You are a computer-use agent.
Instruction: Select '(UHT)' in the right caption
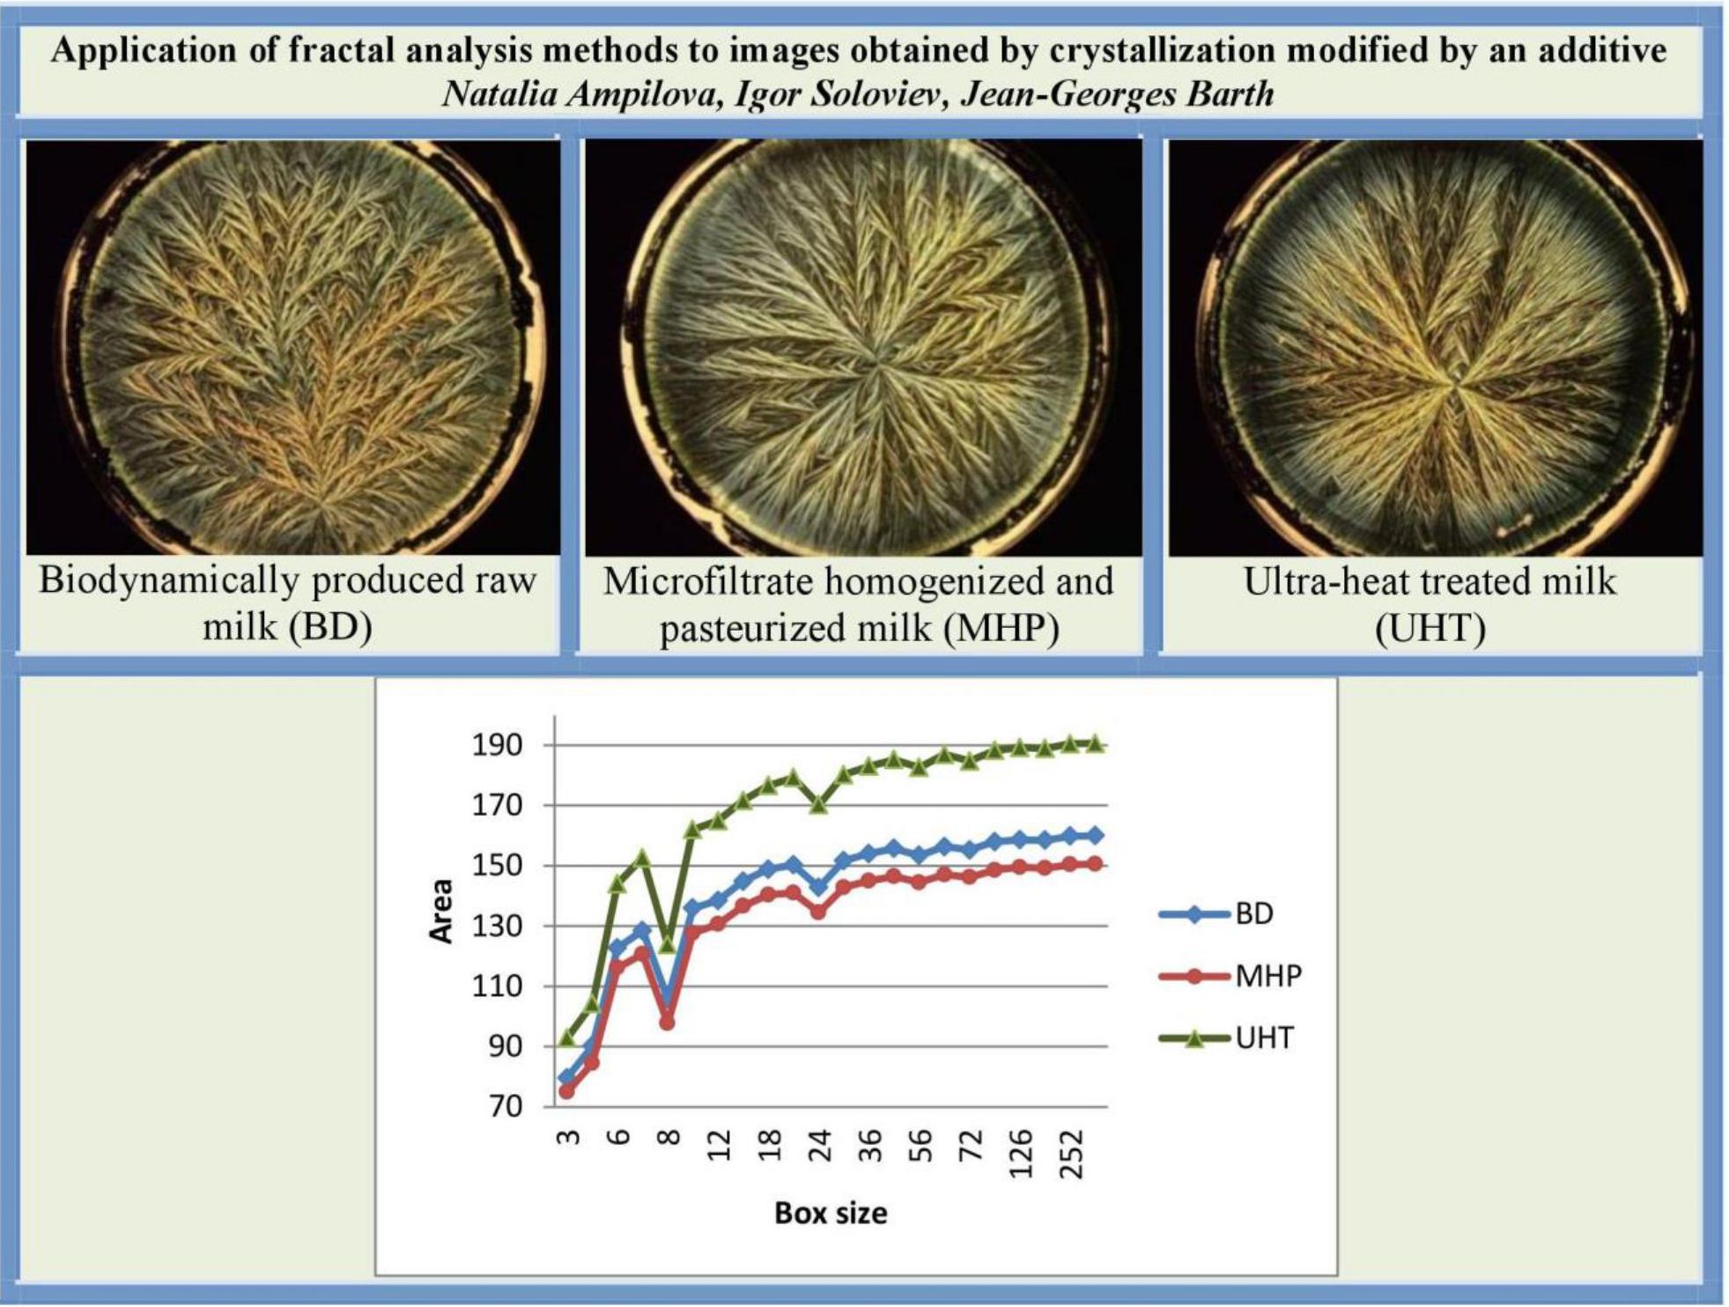click(x=1430, y=628)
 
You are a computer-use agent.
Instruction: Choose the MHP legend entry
click(x=1230, y=976)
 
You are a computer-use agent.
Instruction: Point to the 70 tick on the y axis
click(x=506, y=1107)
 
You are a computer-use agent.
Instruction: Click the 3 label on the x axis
click(x=569, y=1138)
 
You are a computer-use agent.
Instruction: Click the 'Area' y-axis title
click(x=440, y=912)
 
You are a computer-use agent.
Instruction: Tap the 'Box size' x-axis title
click(x=831, y=1214)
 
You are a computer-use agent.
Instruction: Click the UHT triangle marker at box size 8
click(x=667, y=945)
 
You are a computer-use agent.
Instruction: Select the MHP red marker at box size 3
click(x=566, y=1092)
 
